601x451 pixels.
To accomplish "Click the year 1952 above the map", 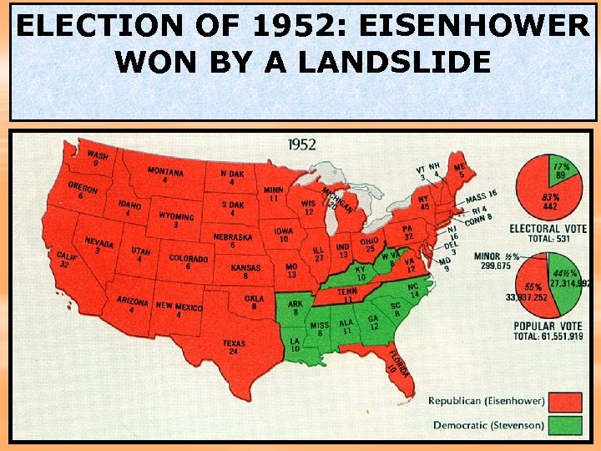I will pyautogui.click(x=301, y=145).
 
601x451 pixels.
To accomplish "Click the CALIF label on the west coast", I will pyautogui.click(x=67, y=257).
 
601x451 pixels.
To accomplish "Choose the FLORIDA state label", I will pyautogui.click(x=398, y=367).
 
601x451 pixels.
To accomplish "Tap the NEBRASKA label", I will pyautogui.click(x=232, y=237).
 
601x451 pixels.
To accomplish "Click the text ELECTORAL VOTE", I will pyautogui.click(x=547, y=227).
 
